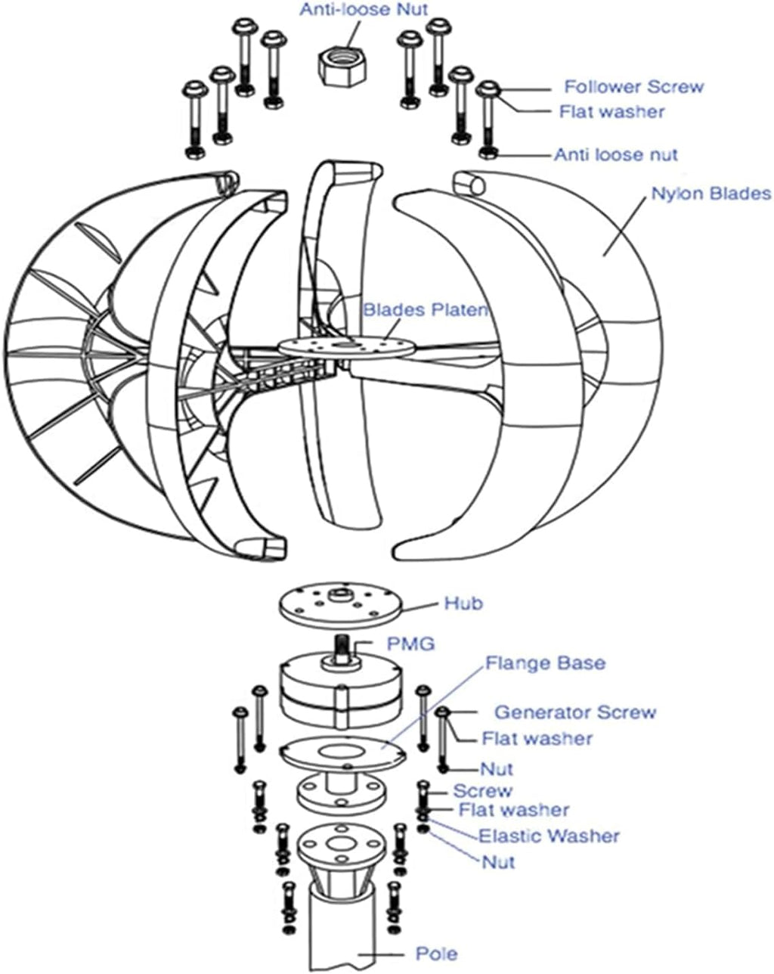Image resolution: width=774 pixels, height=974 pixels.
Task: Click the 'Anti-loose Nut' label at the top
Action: [364, 10]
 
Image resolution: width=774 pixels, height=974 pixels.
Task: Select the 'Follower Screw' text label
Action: [633, 86]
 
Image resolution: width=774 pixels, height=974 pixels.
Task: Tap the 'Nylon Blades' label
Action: [711, 194]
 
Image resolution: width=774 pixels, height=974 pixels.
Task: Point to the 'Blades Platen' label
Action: [426, 309]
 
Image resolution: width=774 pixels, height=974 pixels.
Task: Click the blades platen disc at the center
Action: [342, 346]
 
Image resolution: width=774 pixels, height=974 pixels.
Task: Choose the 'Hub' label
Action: [463, 603]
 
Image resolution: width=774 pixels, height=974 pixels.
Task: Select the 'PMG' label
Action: [410, 644]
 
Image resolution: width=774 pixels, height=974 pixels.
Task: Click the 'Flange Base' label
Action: [545, 663]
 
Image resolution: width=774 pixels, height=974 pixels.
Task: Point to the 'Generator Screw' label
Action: [575, 712]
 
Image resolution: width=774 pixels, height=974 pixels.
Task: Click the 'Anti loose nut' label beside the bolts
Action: [616, 155]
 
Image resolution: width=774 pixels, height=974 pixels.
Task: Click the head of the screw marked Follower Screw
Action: [488, 89]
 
